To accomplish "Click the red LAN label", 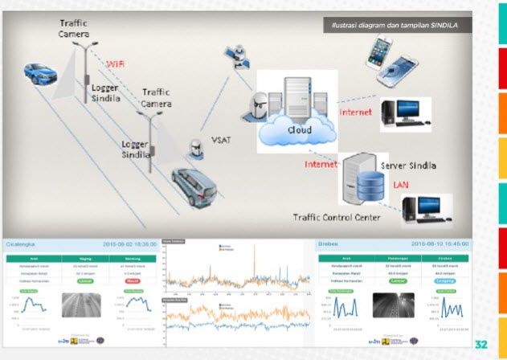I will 401,185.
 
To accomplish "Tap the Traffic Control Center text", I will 318,217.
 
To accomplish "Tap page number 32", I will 480,344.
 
